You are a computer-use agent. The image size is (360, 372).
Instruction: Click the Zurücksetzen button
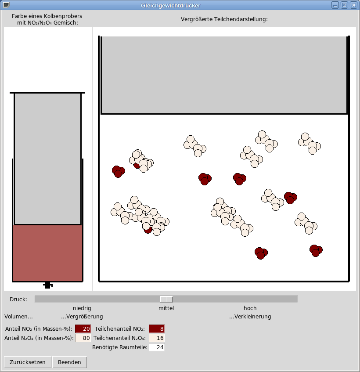28,362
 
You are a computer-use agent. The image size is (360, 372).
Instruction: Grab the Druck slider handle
166,299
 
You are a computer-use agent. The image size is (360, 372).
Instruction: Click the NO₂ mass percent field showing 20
83,329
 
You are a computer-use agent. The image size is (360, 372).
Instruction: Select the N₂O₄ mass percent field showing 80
83,338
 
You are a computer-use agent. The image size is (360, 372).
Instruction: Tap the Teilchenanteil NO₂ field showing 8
157,329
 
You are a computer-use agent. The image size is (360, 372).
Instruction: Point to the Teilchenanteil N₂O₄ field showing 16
157,338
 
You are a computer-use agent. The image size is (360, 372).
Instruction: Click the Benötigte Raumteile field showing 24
157,347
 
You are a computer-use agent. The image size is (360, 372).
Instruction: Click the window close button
353,5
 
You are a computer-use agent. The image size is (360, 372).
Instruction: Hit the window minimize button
335,5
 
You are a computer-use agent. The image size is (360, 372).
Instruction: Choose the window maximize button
344,5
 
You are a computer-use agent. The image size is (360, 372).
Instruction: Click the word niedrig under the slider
82,308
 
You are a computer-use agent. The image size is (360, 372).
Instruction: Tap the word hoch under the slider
250,308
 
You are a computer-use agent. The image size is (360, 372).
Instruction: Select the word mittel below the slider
166,308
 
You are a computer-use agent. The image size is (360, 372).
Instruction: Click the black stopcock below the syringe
48,285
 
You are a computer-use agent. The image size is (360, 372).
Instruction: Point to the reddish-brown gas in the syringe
47,253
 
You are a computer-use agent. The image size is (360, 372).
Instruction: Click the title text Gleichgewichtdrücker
170,5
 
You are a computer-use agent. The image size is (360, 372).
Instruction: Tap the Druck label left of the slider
18,300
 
